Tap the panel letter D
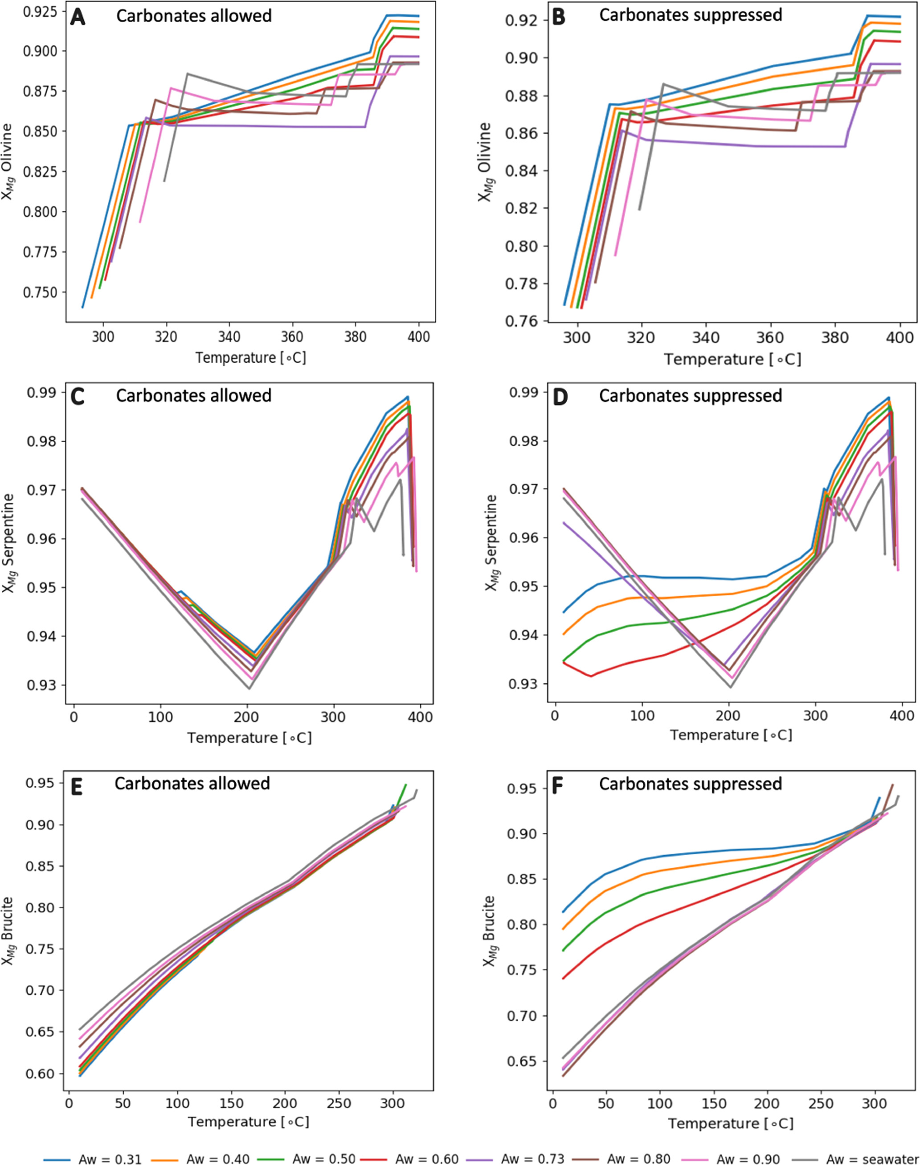[x=560, y=396]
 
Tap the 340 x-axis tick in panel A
[x=229, y=337]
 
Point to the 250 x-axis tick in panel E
[x=338, y=1098]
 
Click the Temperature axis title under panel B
[x=732, y=359]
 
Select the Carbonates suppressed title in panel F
[x=691, y=784]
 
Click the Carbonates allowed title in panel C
[x=194, y=396]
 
